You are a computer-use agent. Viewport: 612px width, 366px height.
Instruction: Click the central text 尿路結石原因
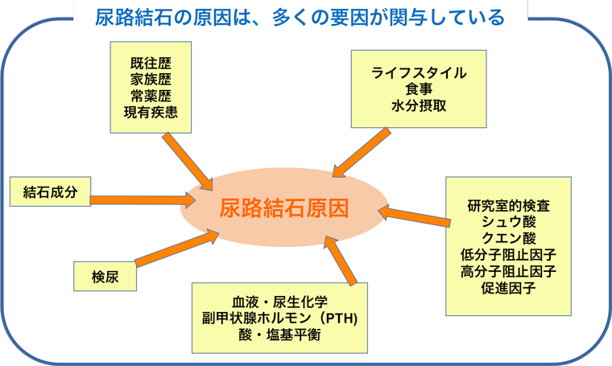[x=283, y=208]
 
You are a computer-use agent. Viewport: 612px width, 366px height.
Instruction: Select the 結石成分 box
[x=51, y=191]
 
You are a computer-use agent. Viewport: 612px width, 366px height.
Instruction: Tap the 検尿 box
[x=105, y=277]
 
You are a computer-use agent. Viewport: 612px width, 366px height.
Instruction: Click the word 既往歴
[x=151, y=63]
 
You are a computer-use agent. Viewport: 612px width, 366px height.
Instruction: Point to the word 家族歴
[x=151, y=80]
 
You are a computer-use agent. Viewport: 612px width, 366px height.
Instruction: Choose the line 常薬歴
[x=151, y=96]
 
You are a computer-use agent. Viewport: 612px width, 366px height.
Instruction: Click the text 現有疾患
[x=151, y=113]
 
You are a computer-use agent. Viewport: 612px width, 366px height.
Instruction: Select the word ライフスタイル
[x=419, y=73]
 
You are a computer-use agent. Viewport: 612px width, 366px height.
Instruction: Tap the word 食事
[x=419, y=89]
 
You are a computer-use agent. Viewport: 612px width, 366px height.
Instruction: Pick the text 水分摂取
[x=419, y=105]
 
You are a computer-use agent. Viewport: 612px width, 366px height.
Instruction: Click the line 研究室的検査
[x=508, y=205]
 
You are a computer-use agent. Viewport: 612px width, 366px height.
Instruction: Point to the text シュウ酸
[x=508, y=222]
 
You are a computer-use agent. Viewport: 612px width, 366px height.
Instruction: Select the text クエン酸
[x=508, y=238]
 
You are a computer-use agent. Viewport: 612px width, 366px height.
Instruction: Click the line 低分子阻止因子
[x=508, y=255]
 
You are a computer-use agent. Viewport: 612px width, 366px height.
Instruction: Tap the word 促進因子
[x=508, y=288]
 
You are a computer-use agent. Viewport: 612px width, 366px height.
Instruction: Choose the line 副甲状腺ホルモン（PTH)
[x=280, y=318]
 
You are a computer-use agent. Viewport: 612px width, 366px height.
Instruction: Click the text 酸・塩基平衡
[x=280, y=335]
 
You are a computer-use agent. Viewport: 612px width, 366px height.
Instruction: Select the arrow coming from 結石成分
[x=143, y=200]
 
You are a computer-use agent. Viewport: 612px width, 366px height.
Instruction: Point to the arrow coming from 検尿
[x=177, y=248]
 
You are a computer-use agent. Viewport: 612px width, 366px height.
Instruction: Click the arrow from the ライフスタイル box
[x=361, y=152]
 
